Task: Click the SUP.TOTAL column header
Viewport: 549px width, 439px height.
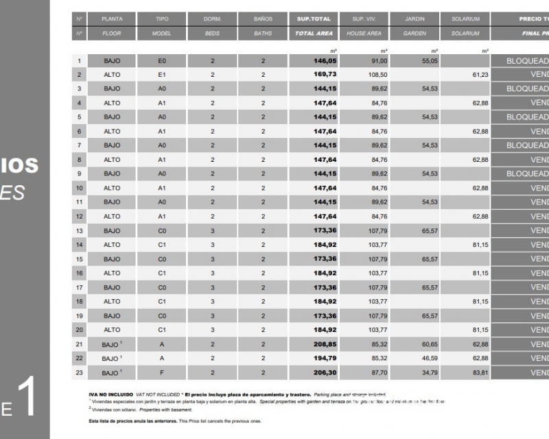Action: tap(314, 19)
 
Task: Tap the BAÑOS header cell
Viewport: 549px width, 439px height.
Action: tap(263, 19)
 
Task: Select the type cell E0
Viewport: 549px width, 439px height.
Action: tap(162, 60)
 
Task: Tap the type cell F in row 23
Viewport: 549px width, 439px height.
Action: tap(162, 372)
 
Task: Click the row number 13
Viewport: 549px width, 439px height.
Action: tap(80, 230)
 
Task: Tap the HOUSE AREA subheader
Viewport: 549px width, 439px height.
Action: tap(364, 33)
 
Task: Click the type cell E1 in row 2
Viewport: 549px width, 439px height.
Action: tap(162, 74)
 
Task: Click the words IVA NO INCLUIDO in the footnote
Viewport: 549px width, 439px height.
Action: tap(111, 395)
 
